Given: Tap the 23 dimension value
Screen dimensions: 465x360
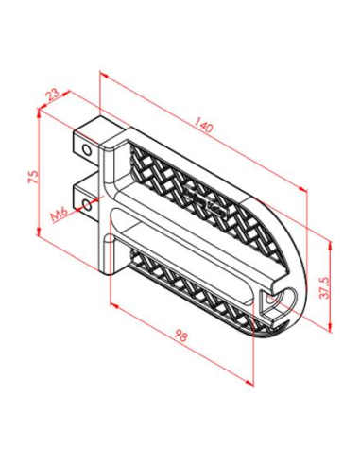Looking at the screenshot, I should point(52,95).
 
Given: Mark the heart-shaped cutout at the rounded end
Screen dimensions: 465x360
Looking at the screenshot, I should point(278,302).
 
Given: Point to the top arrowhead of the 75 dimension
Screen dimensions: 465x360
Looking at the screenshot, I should point(37,113).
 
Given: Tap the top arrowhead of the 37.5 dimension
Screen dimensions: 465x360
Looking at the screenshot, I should point(330,240).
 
